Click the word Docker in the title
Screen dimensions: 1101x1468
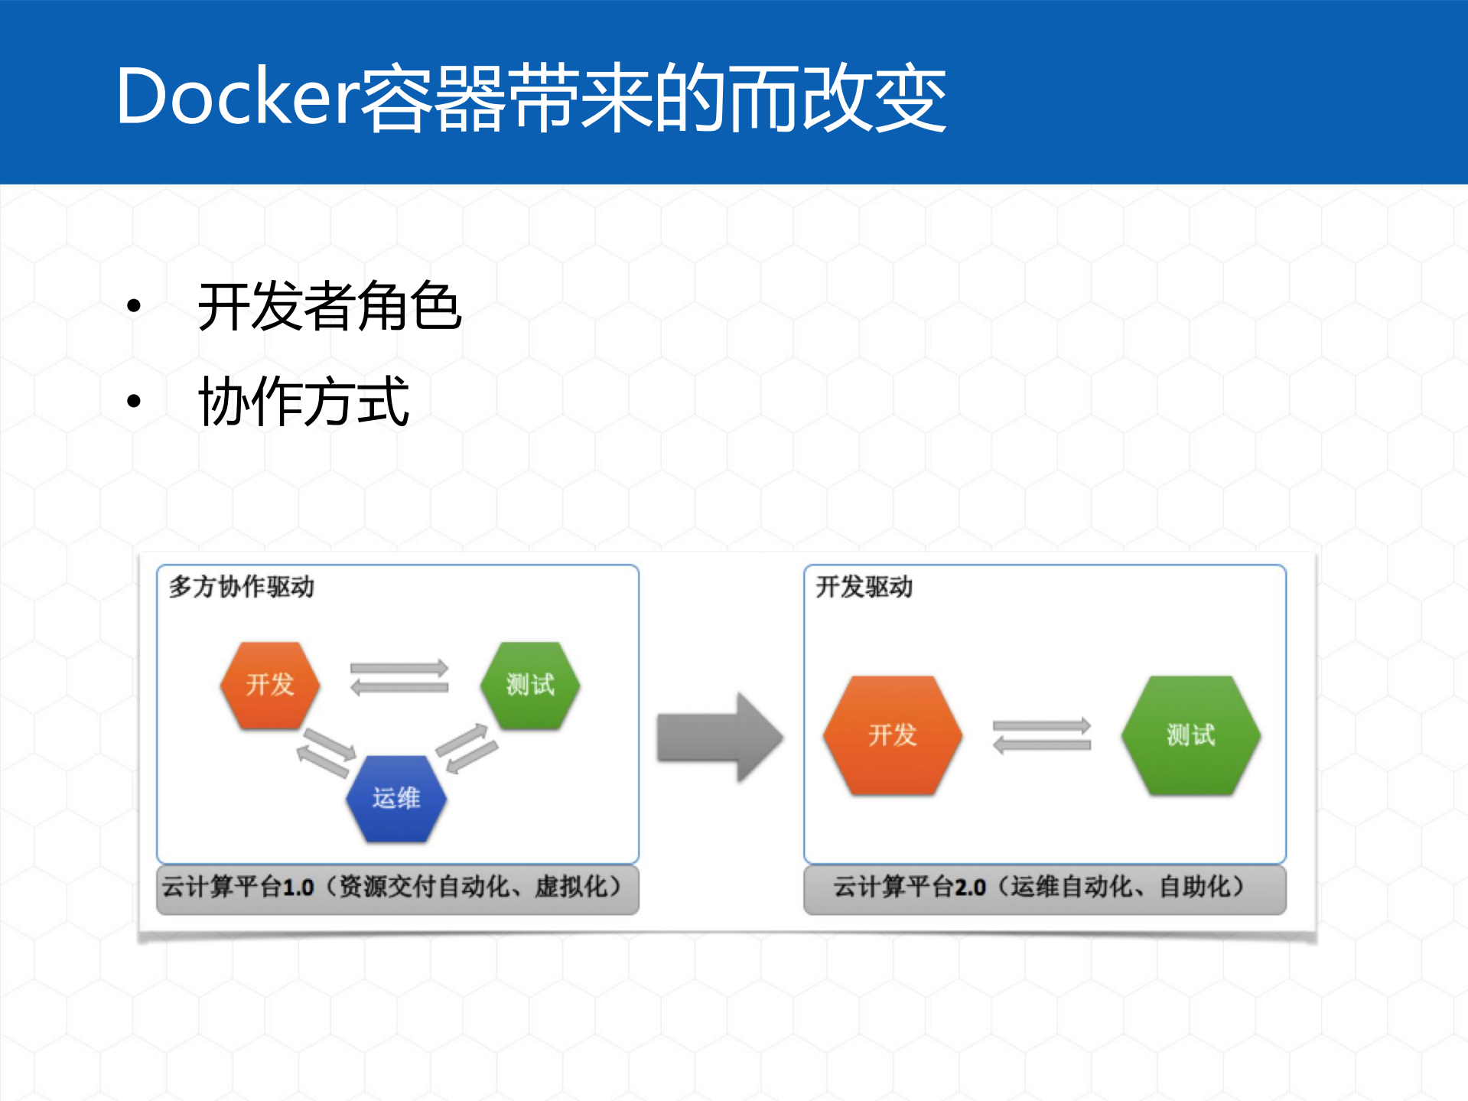pyautogui.click(x=237, y=96)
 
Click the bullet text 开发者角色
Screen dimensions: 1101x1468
pyautogui.click(x=329, y=306)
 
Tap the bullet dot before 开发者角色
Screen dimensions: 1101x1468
pyautogui.click(x=135, y=306)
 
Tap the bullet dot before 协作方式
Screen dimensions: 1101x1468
pyautogui.click(x=135, y=400)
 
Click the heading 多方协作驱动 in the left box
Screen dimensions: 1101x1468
pyautogui.click(x=241, y=587)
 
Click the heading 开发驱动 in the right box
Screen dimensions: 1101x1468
pyautogui.click(x=864, y=587)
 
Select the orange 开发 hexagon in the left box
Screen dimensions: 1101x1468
pyautogui.click(x=270, y=684)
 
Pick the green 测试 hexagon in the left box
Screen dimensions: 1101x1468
pyautogui.click(x=529, y=684)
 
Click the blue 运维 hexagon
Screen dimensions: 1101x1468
pyautogui.click(x=396, y=798)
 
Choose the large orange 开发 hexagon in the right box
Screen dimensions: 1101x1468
pyautogui.click(x=892, y=735)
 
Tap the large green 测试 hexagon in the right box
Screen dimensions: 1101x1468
pyautogui.click(x=1190, y=735)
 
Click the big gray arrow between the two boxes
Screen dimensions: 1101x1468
pyautogui.click(x=719, y=738)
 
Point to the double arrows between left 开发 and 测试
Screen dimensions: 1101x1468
pyautogui.click(x=399, y=678)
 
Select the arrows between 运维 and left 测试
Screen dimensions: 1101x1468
pyautogui.click(x=467, y=748)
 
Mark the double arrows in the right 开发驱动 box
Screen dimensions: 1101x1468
pyautogui.click(x=1041, y=735)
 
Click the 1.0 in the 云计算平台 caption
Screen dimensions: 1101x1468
pyautogui.click(x=298, y=888)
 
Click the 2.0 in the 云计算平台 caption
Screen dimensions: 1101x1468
pyautogui.click(x=969, y=888)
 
